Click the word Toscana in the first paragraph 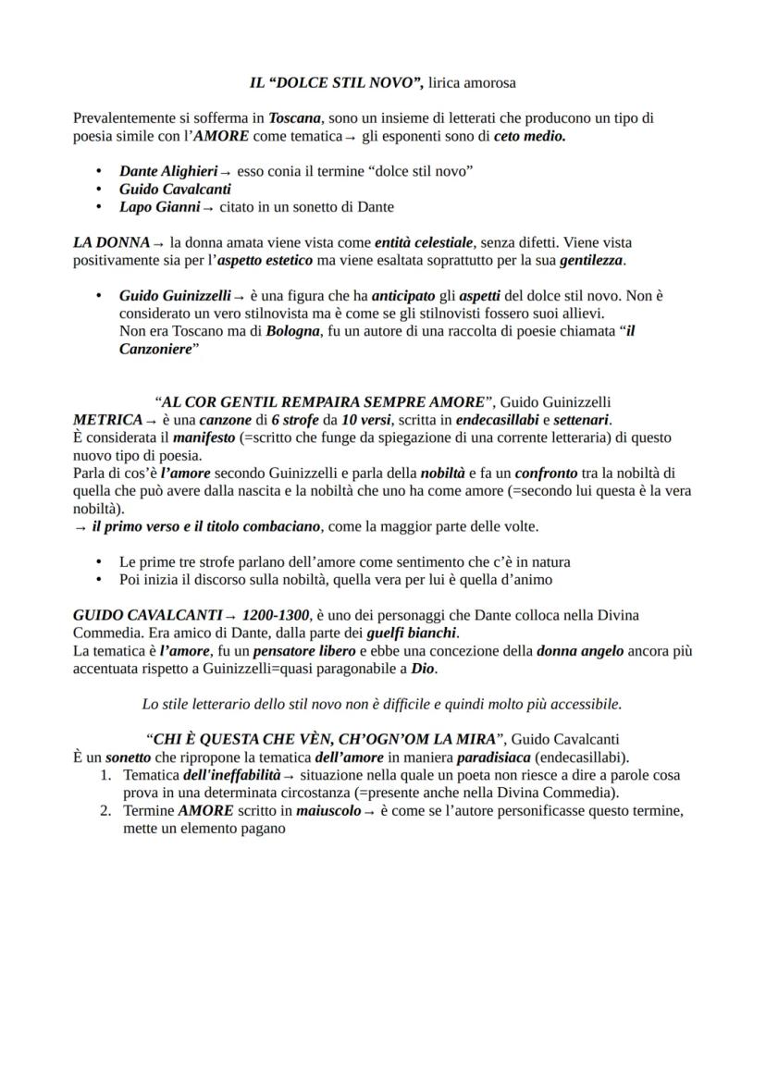[x=295, y=118]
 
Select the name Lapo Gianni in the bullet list [x=160, y=207]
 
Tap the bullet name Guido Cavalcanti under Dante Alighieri [x=175, y=189]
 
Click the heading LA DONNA [x=111, y=242]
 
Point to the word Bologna [x=292, y=331]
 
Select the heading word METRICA [x=107, y=420]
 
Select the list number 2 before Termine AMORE [x=105, y=811]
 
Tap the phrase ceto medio [x=529, y=136]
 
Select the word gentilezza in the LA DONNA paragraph [x=591, y=261]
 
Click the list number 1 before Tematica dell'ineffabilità [x=105, y=775]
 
